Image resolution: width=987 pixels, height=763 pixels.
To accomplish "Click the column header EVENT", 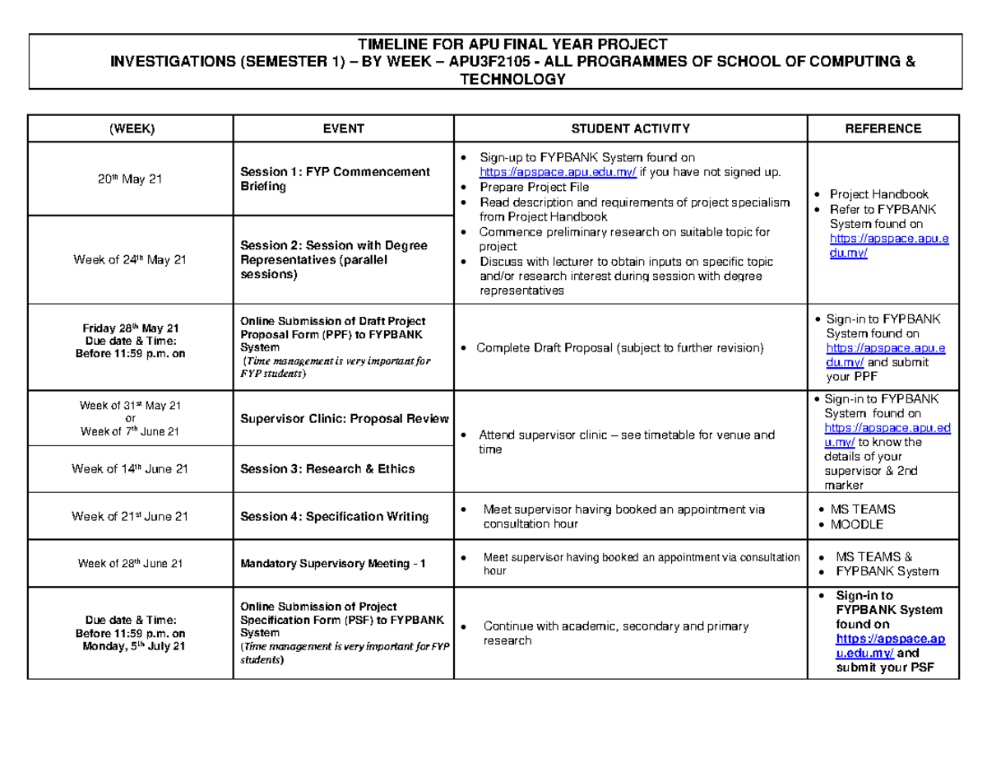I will pos(343,128).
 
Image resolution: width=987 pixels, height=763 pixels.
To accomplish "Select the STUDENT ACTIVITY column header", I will pos(631,128).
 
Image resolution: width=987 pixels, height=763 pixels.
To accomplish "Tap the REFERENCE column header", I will pos(883,128).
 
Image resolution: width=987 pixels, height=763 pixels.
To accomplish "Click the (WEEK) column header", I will pos(130,128).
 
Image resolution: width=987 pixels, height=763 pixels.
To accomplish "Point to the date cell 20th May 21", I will pos(130,179).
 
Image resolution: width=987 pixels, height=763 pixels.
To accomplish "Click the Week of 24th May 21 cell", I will pos(130,260).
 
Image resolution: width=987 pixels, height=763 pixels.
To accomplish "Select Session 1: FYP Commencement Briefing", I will pos(335,179).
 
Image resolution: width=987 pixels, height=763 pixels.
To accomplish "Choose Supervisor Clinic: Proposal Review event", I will pos(344,419).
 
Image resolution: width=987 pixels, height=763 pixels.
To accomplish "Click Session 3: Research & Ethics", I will pos(327,469).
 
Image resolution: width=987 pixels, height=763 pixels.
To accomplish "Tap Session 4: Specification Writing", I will pos(334,517).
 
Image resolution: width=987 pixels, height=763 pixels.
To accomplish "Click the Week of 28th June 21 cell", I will pos(130,565).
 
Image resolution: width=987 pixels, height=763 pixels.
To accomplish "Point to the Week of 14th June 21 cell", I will pos(130,469).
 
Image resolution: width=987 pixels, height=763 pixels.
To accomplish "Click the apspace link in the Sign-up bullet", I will pos(558,172).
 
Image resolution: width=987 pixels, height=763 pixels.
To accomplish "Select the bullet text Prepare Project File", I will pos(535,187).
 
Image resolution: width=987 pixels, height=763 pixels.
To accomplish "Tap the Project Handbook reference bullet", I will pos(878,194).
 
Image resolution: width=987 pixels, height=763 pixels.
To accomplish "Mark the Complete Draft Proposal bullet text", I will pos(620,348).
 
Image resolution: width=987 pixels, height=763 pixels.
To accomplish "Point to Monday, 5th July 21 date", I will pos(134,647).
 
